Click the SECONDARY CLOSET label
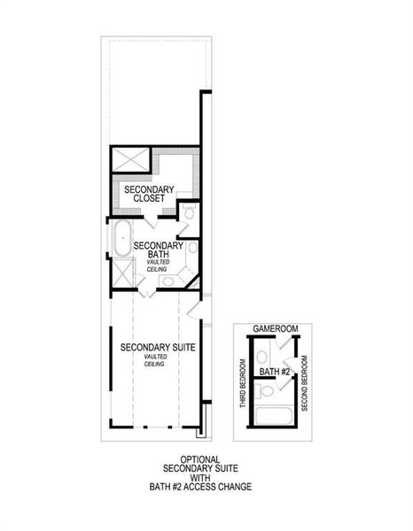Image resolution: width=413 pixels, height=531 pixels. coord(149,195)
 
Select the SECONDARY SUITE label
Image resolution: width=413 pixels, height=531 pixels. coord(158,346)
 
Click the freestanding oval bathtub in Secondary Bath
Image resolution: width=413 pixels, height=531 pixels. coord(121,239)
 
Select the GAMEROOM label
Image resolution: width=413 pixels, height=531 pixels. coord(274,328)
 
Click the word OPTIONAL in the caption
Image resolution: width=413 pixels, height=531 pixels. coord(200,458)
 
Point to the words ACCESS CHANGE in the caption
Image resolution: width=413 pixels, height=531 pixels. coord(223,486)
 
